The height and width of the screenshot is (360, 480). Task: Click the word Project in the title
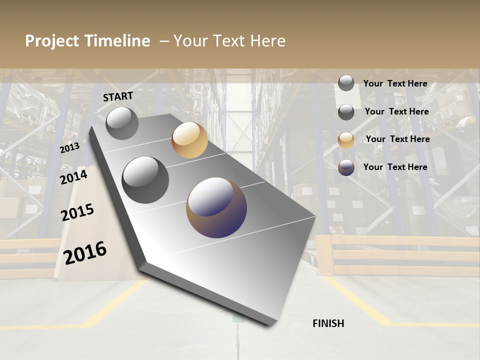point(50,41)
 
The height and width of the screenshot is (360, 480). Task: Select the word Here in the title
point(267,41)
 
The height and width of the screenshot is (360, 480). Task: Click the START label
point(118,96)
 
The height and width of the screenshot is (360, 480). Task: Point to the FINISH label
point(328,323)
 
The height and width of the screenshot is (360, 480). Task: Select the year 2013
point(69,148)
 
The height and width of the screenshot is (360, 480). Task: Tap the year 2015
point(77,212)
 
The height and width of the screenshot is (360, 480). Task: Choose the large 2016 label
point(85,253)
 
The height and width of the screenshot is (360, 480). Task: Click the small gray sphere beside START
point(122,123)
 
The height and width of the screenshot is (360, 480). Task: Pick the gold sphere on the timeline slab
point(189,140)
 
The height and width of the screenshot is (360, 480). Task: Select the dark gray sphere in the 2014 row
point(145,180)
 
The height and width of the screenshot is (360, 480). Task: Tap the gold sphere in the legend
point(346,140)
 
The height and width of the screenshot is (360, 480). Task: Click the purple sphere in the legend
point(346,167)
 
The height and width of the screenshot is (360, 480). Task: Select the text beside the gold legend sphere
point(397,139)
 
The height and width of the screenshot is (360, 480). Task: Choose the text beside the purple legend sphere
point(395,167)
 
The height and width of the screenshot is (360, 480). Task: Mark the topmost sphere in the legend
point(346,83)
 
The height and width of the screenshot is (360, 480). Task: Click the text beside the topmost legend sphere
point(395,84)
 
